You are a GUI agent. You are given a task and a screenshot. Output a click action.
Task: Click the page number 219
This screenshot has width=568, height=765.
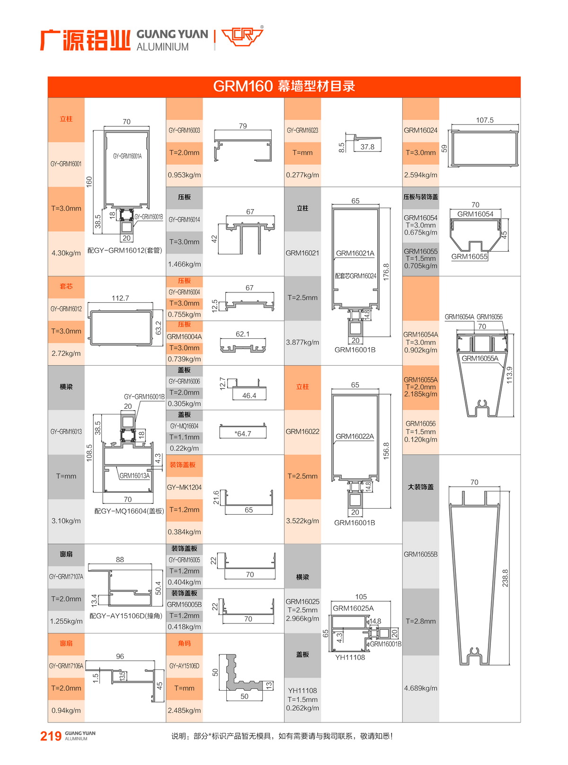(x=51, y=736)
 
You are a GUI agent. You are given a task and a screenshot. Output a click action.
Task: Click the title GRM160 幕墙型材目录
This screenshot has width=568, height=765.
(x=284, y=86)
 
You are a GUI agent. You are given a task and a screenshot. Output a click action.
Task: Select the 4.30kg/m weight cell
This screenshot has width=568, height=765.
(x=66, y=253)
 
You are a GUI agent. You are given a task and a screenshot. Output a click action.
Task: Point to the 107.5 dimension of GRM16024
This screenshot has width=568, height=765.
(x=485, y=120)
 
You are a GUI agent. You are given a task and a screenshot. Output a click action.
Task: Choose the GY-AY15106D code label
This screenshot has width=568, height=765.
(x=184, y=666)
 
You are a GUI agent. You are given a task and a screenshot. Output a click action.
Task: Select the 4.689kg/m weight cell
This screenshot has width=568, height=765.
(x=420, y=688)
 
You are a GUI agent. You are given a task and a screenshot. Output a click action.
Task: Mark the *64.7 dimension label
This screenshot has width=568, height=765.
(x=243, y=433)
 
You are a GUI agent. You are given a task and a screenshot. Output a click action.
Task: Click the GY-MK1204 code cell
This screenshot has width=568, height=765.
(x=184, y=487)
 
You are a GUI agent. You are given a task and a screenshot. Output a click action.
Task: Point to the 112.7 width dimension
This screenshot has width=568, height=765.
(x=120, y=298)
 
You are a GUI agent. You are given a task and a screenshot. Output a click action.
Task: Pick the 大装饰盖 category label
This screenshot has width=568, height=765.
(x=420, y=487)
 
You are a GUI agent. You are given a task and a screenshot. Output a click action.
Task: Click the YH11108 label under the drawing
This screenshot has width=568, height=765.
(x=350, y=658)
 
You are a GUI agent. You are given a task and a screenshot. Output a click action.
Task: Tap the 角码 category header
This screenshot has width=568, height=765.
(x=184, y=643)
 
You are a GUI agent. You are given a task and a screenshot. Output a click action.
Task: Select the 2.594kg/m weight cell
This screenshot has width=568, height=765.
(x=420, y=175)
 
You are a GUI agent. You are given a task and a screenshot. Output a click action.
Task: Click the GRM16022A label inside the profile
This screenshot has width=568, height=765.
(x=355, y=436)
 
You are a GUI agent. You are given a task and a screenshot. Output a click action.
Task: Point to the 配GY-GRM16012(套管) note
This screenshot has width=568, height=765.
(x=124, y=250)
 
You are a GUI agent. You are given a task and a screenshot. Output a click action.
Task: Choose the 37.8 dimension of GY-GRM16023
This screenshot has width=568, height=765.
(x=367, y=147)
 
